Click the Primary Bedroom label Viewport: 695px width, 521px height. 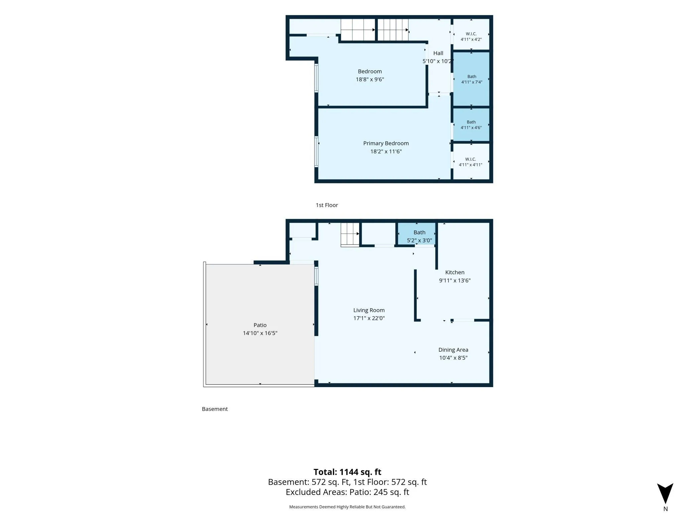[x=386, y=143]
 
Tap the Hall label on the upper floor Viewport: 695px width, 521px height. [x=438, y=53]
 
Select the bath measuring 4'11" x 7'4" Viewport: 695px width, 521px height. [x=471, y=79]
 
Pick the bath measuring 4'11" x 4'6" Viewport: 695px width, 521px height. [x=471, y=125]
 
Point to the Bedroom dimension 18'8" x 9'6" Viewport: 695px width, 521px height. [x=370, y=79]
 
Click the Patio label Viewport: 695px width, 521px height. [x=260, y=325]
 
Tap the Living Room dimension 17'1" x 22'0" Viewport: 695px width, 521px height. [x=369, y=318]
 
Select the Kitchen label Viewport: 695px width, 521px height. [x=455, y=272]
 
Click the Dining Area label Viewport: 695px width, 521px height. [x=453, y=350]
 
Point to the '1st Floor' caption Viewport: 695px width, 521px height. [x=327, y=205]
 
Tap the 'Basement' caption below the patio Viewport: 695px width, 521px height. [x=215, y=409]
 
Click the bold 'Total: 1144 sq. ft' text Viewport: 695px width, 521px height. [x=347, y=472]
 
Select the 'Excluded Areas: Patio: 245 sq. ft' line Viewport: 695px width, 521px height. [x=347, y=492]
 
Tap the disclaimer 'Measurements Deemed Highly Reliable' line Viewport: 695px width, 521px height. [x=347, y=507]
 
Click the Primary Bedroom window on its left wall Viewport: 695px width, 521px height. [x=316, y=152]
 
